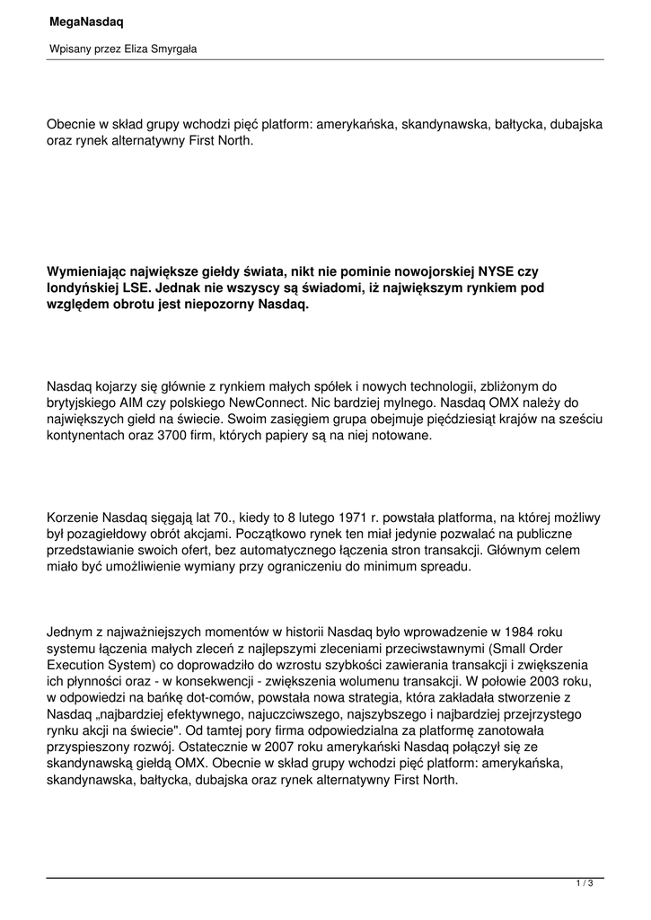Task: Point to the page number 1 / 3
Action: coord(585,885)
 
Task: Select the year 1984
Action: coord(539,632)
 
